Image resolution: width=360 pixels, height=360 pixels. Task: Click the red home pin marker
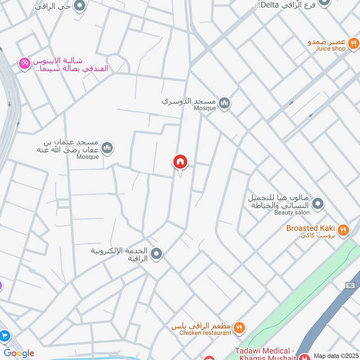click(180, 162)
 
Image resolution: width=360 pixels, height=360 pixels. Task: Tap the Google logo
click(18, 353)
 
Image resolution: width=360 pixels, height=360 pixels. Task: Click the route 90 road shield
click(351, 285)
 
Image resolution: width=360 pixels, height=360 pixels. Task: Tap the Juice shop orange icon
click(354, 44)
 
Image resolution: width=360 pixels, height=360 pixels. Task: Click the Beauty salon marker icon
click(318, 204)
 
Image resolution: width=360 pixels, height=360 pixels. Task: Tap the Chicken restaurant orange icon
click(239, 328)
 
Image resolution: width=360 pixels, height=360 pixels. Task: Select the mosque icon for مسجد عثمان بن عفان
click(107, 148)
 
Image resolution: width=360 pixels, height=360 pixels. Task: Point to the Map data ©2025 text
click(336, 355)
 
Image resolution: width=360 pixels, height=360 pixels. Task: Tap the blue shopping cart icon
click(4, 336)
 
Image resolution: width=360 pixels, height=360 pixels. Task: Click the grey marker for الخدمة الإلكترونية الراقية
click(157, 254)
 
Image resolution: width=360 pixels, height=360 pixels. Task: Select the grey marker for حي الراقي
click(80, 6)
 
